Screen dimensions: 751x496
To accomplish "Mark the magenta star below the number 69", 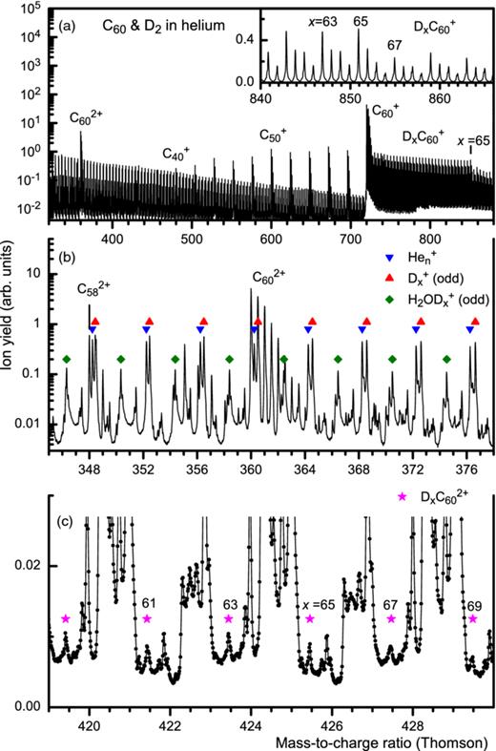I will tap(473, 618).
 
